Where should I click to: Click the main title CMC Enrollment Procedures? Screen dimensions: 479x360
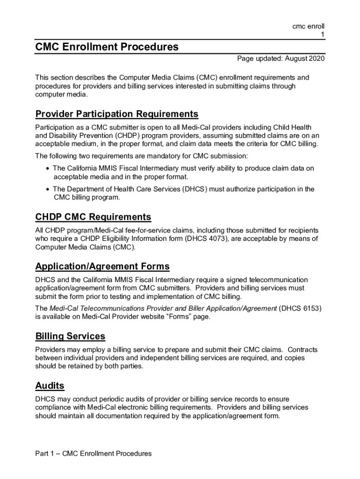point(107,47)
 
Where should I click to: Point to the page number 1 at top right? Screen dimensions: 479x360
point(322,35)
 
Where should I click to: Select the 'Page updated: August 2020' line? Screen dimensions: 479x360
point(281,59)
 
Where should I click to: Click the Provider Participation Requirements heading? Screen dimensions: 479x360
point(117,114)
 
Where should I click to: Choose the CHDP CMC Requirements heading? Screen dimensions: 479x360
point(93,217)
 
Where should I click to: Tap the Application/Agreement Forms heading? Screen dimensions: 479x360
point(102,267)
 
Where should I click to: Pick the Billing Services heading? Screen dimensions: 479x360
point(70,336)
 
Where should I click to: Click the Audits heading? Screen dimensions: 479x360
point(50,386)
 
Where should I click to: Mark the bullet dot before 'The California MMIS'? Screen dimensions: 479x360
point(48,168)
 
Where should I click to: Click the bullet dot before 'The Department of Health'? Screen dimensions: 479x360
point(48,189)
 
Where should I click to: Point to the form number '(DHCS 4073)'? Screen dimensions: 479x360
point(206,239)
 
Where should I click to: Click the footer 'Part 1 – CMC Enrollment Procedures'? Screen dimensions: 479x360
point(94,454)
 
